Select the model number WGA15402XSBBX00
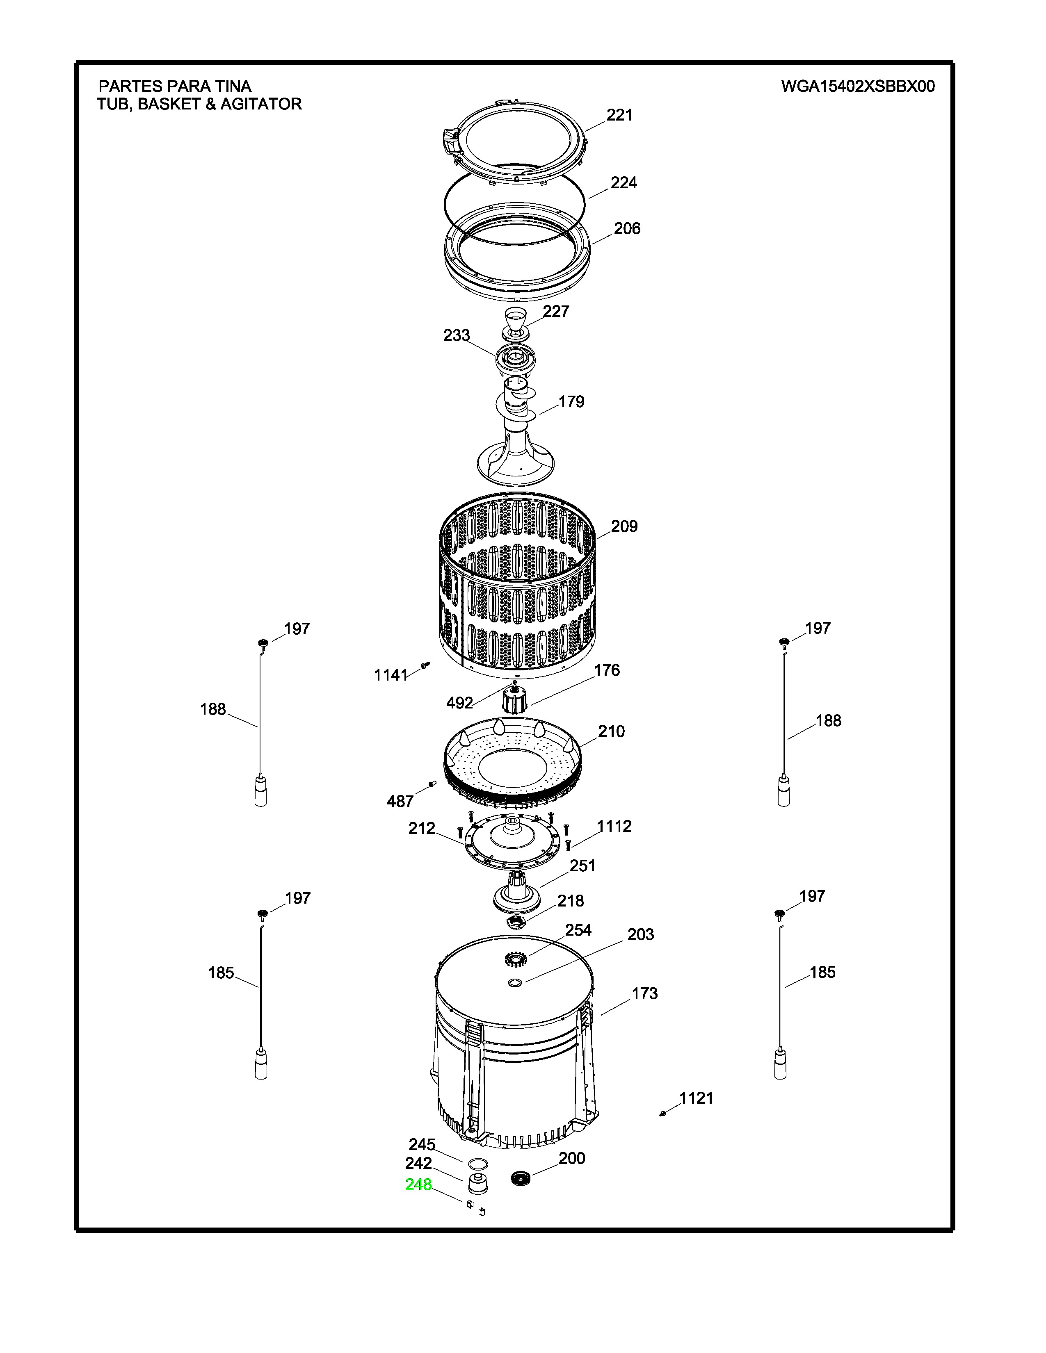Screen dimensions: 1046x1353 [x=858, y=86]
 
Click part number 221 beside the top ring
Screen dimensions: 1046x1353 [x=619, y=115]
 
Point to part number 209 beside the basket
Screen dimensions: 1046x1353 [x=624, y=526]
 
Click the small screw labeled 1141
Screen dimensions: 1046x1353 [x=425, y=665]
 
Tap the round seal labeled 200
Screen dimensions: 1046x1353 [x=522, y=1179]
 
